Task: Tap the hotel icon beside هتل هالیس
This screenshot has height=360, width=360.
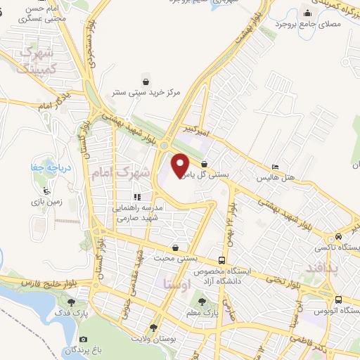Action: pos(275,167)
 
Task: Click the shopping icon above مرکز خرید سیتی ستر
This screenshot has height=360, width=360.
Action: pos(146,82)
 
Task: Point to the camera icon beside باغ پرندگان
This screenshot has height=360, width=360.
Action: pos(84,339)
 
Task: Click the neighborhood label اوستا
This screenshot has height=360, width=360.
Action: pos(174,284)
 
